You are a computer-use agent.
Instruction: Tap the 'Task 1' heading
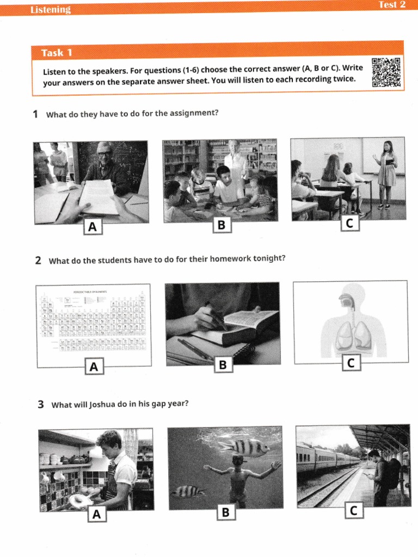57,53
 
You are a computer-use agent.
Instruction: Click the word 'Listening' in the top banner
51,9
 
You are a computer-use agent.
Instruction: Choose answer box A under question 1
93,227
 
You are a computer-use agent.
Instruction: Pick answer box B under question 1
220,225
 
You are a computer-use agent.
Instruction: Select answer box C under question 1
349,222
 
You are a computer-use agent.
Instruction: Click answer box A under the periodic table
94,367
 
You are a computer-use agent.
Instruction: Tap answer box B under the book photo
222,366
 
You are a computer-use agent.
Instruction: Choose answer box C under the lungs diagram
351,363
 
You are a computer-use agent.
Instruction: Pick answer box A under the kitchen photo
96,513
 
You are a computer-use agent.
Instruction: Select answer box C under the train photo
354,510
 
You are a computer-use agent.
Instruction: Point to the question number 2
38,260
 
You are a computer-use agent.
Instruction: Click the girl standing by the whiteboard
387,173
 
